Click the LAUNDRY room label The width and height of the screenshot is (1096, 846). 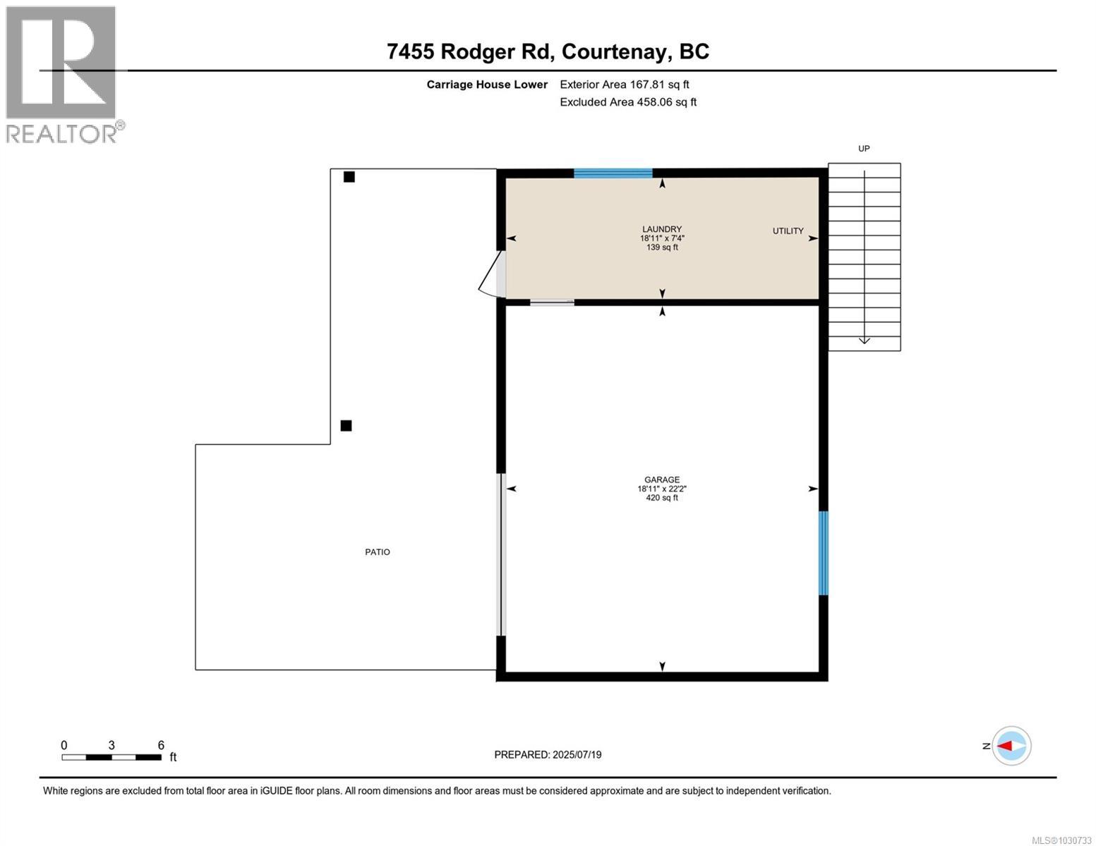click(661, 229)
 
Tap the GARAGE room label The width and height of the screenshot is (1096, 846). click(661, 479)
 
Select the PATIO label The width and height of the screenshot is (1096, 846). click(377, 552)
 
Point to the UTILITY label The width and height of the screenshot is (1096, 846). click(788, 231)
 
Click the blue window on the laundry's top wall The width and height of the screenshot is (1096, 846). click(613, 173)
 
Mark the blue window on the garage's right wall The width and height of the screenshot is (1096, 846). click(823, 553)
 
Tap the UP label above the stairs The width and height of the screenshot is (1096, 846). click(864, 149)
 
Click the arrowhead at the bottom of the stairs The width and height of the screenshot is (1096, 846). click(864, 341)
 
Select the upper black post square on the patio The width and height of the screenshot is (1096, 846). click(349, 177)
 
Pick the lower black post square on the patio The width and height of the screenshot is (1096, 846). click(346, 425)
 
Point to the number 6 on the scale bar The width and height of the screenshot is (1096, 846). click(161, 745)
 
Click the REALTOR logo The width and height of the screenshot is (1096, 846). click(64, 74)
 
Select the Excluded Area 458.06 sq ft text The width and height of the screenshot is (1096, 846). click(628, 102)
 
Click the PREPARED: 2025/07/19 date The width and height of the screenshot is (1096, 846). click(548, 754)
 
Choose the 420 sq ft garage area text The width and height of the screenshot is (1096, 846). click(661, 498)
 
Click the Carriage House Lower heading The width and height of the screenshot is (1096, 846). click(487, 85)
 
